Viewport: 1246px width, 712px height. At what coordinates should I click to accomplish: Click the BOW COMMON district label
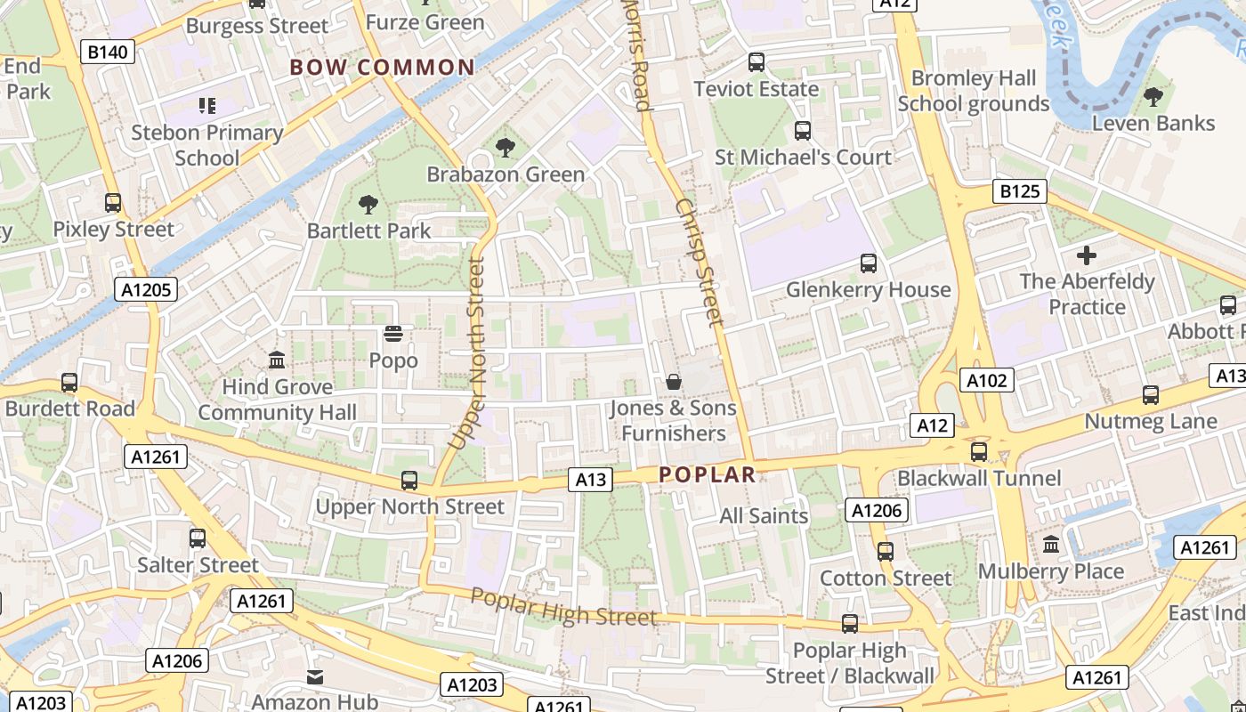tap(382, 68)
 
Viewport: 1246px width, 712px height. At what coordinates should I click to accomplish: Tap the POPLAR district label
tap(708, 475)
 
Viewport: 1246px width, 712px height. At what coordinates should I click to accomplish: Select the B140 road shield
tap(109, 53)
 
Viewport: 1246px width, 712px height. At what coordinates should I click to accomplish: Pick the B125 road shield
tap(1020, 191)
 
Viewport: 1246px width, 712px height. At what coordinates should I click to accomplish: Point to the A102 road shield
tap(988, 381)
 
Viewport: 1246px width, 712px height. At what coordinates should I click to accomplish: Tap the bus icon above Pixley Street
tap(113, 203)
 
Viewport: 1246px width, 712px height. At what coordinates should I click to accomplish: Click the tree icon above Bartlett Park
tap(368, 206)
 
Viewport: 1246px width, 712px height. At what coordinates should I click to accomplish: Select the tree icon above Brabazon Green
tap(505, 148)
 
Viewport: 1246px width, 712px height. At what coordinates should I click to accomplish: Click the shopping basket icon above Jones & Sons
tap(674, 382)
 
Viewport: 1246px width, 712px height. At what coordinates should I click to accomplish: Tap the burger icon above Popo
tap(392, 335)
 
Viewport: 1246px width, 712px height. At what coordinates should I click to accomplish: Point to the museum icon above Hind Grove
tap(277, 360)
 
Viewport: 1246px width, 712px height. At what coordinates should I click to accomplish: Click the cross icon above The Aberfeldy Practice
tap(1086, 256)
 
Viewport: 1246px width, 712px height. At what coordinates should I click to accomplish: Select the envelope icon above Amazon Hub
tap(315, 677)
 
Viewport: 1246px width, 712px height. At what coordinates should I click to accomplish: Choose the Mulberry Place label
tap(1050, 571)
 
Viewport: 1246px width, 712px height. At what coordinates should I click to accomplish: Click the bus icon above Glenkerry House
tap(869, 263)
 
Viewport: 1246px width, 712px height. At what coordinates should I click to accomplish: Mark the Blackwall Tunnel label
tap(979, 479)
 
